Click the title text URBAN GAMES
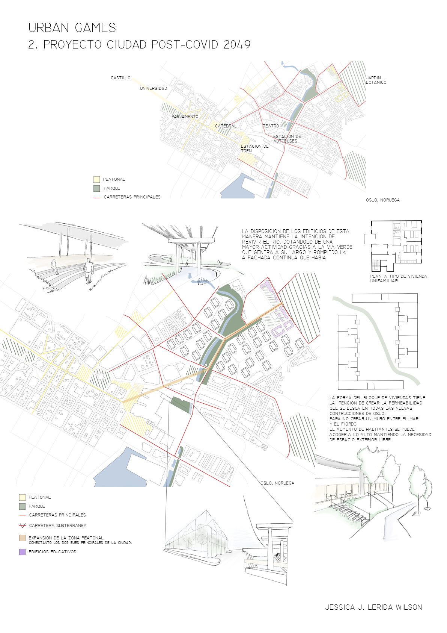point(72,28)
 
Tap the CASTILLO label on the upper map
point(120,78)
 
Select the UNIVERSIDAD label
point(154,88)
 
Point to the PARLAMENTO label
point(185,117)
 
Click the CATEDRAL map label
point(226,126)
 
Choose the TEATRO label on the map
point(271,126)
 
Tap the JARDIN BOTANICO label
point(376,80)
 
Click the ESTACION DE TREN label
point(254,148)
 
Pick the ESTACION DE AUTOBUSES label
point(287,138)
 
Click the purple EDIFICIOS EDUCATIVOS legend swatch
point(22,552)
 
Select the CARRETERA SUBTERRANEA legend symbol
point(22,525)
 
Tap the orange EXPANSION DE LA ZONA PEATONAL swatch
point(22,538)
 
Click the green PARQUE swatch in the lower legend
point(22,506)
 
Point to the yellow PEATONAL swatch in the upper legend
point(96,179)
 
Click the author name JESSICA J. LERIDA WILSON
point(374,607)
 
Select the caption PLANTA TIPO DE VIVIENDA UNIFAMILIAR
point(399,279)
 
